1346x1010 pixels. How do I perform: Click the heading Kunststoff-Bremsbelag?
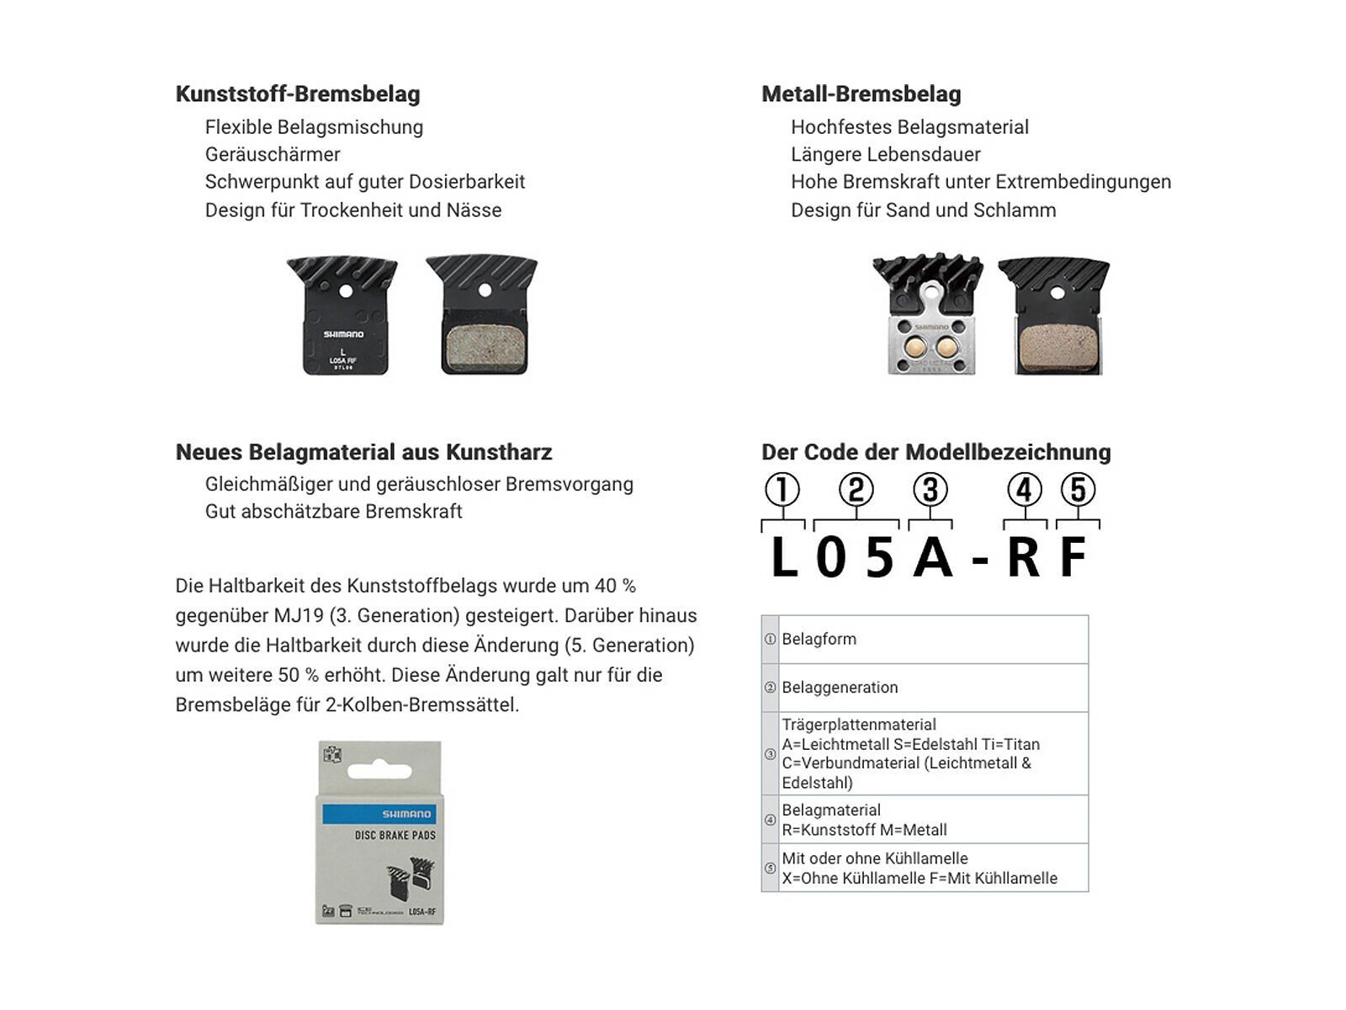[x=297, y=94]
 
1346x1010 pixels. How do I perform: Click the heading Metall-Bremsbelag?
[x=861, y=94]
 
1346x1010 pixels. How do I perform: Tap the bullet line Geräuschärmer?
[x=273, y=154]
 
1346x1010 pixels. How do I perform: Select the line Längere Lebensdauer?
[x=885, y=154]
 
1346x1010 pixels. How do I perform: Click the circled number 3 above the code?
[x=930, y=489]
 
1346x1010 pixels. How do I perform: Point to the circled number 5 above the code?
[x=1078, y=489]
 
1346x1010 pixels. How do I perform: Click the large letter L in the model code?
[x=784, y=557]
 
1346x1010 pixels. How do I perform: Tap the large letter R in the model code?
[x=1023, y=557]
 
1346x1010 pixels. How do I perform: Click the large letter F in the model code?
[x=1073, y=557]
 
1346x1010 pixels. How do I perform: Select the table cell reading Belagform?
[x=819, y=639]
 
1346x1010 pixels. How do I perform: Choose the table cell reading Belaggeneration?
[x=840, y=687]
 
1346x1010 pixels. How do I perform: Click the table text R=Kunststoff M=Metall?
[x=864, y=830]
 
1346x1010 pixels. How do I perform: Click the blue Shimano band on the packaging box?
[x=379, y=814]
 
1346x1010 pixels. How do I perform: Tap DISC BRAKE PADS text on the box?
[x=395, y=836]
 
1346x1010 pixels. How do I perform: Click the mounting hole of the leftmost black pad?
[x=344, y=290]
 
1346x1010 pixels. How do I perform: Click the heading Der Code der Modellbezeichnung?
[x=935, y=452]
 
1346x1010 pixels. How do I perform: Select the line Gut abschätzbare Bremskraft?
[x=333, y=511]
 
